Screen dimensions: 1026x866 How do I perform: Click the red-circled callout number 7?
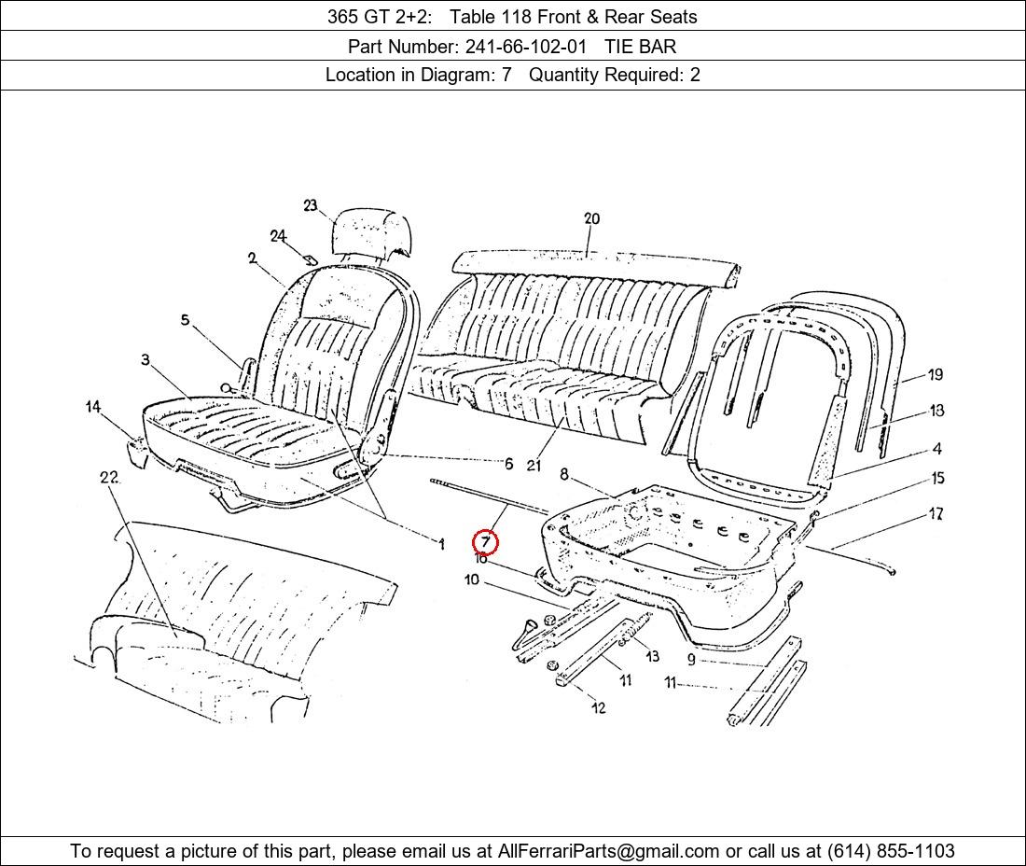pos(486,542)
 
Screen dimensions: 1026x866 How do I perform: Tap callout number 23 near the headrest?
pos(311,205)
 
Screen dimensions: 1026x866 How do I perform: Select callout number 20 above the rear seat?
pos(591,218)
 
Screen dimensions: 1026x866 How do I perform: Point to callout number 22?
pos(109,477)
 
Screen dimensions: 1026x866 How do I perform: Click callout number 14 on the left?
pos(94,407)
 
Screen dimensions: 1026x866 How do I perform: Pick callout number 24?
pos(278,236)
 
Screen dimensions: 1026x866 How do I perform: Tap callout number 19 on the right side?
pos(936,374)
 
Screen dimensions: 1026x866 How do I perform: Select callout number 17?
pos(936,514)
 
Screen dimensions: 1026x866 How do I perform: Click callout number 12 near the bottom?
pos(599,707)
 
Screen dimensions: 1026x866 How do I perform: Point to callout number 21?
pos(534,466)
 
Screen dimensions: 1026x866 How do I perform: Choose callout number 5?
pos(186,320)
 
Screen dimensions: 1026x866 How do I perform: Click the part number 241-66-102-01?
pos(525,47)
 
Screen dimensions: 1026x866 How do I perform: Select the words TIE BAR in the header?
pos(640,47)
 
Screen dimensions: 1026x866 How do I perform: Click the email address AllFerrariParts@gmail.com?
pos(608,851)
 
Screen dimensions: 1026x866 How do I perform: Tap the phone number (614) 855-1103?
pos(891,851)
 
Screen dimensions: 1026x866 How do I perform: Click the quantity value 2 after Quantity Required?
pos(695,75)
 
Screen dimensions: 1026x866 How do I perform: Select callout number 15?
pos(937,478)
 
